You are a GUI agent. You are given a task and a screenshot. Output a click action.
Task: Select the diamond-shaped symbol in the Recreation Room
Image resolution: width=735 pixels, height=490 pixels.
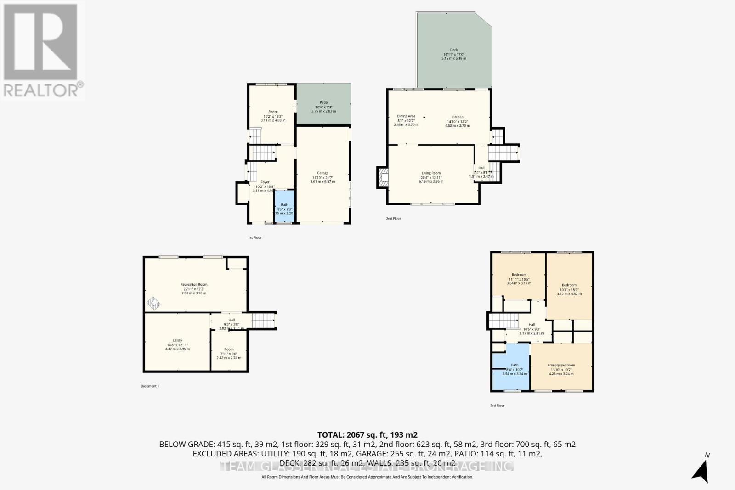pos(153,303)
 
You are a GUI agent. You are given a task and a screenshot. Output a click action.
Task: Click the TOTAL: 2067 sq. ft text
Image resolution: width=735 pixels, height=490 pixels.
pos(367,434)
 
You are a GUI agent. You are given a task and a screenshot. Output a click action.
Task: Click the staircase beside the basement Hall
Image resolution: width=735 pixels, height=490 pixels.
pos(264,320)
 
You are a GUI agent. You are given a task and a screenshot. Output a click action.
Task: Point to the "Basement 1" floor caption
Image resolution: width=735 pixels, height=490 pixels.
pos(150,386)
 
